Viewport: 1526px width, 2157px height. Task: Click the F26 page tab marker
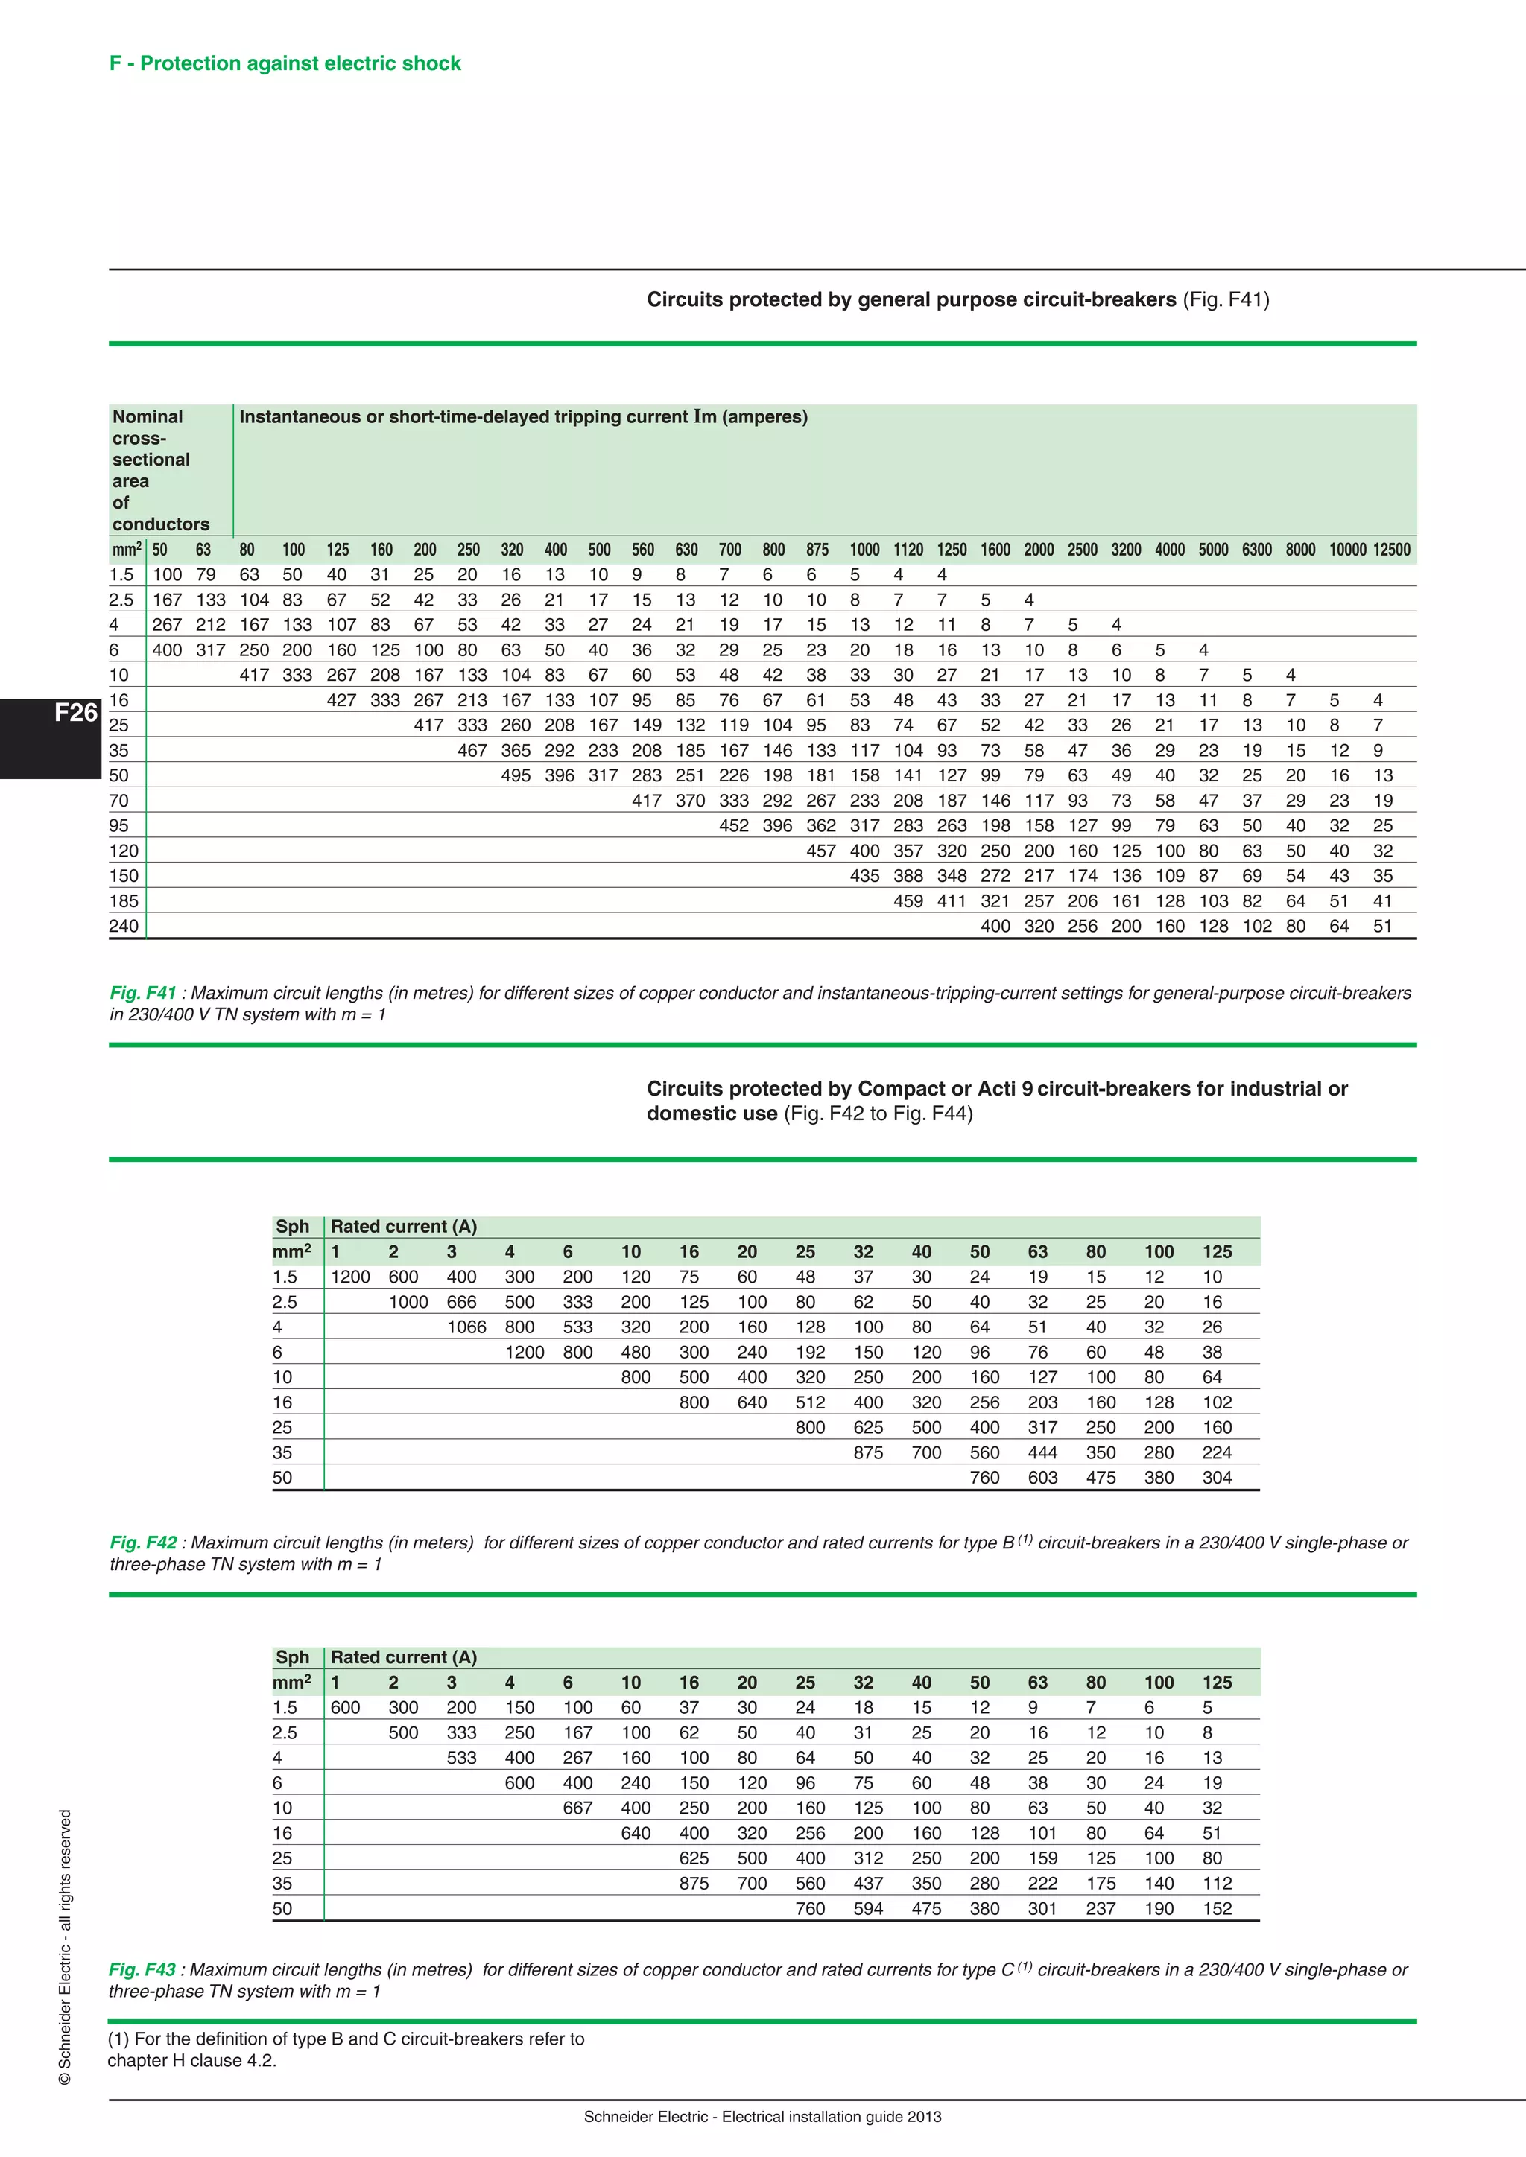pyautogui.click(x=75, y=713)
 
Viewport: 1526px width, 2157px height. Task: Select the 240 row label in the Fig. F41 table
pyautogui.click(x=123, y=927)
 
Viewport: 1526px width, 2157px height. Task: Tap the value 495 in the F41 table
pyautogui.click(x=515, y=776)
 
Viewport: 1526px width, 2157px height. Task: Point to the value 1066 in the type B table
pyautogui.click(x=466, y=1327)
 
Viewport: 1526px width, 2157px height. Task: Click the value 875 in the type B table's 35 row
pyautogui.click(x=867, y=1452)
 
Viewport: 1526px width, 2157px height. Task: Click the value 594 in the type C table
pyautogui.click(x=867, y=1909)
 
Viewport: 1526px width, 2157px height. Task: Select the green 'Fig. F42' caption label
pyautogui.click(x=143, y=1543)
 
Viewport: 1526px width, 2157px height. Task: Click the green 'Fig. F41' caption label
pyautogui.click(x=143, y=993)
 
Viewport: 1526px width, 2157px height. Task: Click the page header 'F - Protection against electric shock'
pyautogui.click(x=285, y=63)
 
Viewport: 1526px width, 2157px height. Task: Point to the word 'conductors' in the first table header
pyautogui.click(x=161, y=524)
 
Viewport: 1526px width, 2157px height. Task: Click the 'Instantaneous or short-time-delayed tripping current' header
pyautogui.click(x=522, y=417)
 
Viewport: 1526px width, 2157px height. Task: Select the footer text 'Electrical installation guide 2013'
pyautogui.click(x=832, y=2117)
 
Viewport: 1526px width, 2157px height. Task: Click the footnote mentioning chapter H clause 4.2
pyautogui.click(x=345, y=2049)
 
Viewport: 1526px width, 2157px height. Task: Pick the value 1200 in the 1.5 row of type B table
pyautogui.click(x=349, y=1277)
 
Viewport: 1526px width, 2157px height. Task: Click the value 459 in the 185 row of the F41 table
pyautogui.click(x=907, y=901)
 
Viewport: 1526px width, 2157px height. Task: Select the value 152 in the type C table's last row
pyautogui.click(x=1216, y=1909)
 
